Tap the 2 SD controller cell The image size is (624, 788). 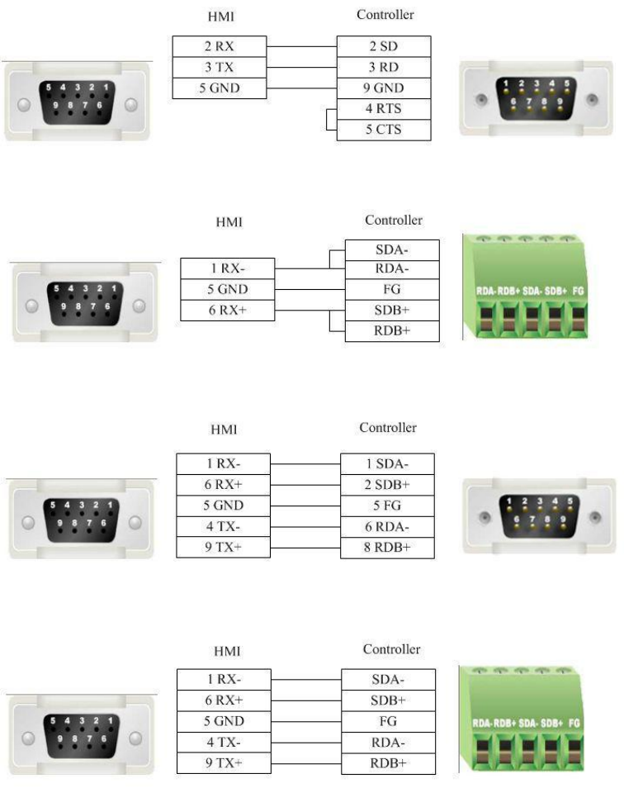[x=383, y=46]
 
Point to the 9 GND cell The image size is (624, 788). [x=383, y=88]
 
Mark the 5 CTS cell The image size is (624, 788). [x=383, y=131]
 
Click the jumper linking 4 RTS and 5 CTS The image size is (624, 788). [x=329, y=120]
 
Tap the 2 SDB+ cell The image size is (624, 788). [x=387, y=485]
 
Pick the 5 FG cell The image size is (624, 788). [x=387, y=506]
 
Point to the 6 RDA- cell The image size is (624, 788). [x=387, y=527]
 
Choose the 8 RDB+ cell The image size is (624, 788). [x=387, y=548]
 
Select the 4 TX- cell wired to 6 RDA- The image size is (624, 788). [x=223, y=527]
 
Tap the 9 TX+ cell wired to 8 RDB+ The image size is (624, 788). [x=223, y=548]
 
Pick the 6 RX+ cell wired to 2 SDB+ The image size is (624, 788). [x=223, y=485]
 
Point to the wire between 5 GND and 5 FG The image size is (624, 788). [x=305, y=506]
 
